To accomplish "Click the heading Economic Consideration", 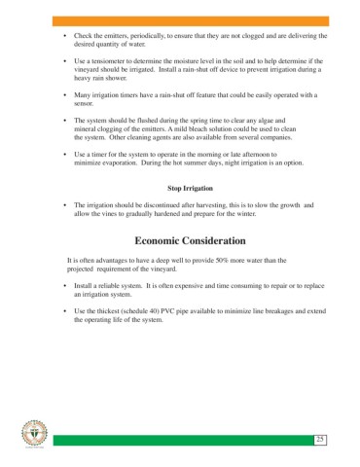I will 190,240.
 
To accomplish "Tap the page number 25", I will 318,441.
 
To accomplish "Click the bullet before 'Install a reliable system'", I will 63,286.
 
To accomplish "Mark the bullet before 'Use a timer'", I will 63,153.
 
